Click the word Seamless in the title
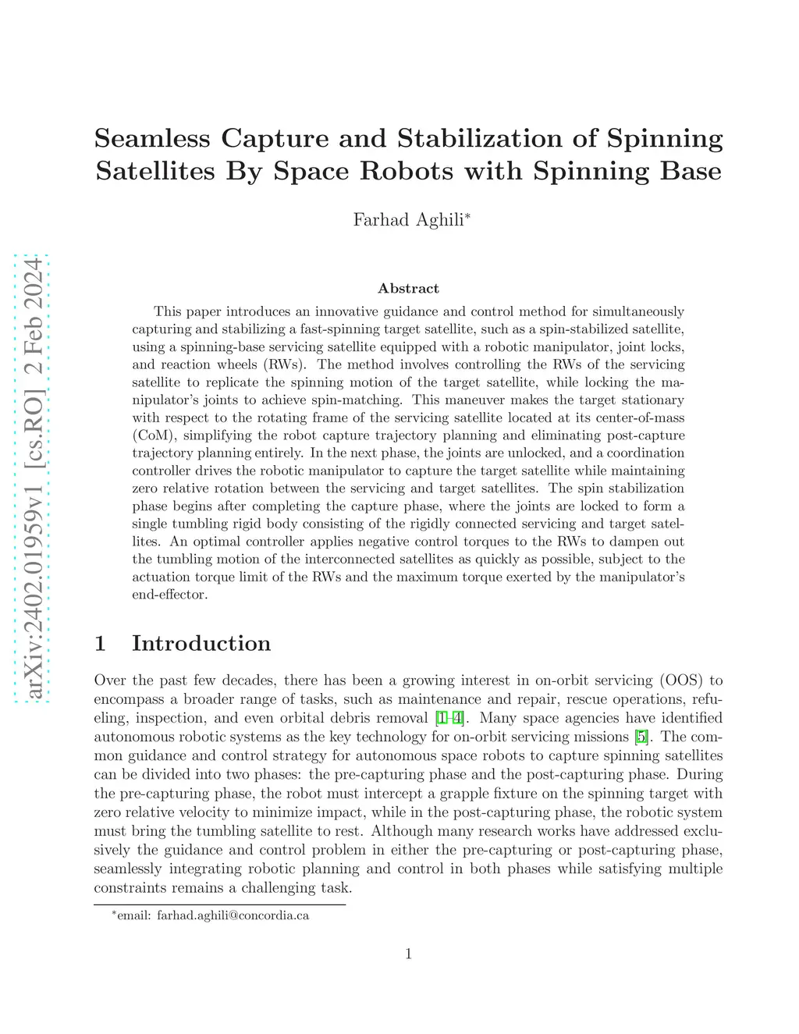click(x=152, y=138)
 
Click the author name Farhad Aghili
click(x=408, y=219)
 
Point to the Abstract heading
click(x=408, y=289)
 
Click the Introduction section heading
click(x=201, y=643)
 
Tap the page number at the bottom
click(x=408, y=954)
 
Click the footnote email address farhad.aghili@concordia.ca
click(x=233, y=915)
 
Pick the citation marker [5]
click(x=641, y=737)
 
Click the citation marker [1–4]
click(x=449, y=718)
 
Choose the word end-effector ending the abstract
click(x=170, y=595)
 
